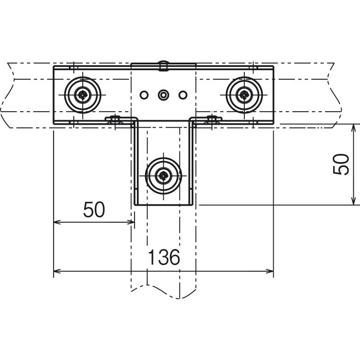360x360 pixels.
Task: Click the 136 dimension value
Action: point(164,257)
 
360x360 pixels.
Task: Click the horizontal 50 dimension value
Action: point(94,210)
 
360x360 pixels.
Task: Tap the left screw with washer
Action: point(83,95)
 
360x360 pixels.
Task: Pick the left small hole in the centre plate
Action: point(144,95)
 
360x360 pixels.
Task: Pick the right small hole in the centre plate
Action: point(182,95)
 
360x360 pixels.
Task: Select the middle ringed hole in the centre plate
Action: point(163,95)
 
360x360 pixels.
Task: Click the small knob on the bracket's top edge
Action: point(163,66)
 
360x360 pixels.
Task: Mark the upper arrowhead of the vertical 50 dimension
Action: point(353,127)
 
